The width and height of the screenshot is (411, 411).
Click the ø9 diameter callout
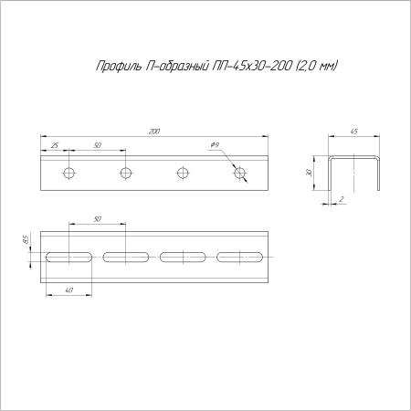click(x=214, y=146)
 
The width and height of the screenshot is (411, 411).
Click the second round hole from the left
click(x=126, y=173)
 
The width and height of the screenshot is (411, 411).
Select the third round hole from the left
click(x=184, y=173)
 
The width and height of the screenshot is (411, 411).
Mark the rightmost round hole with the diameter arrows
click(x=240, y=173)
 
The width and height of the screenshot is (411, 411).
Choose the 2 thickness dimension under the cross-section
click(x=341, y=197)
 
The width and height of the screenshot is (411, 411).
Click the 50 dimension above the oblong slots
click(x=97, y=220)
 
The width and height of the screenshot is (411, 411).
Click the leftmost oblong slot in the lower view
click(x=69, y=258)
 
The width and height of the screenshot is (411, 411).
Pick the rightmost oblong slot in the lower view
click(x=241, y=258)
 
